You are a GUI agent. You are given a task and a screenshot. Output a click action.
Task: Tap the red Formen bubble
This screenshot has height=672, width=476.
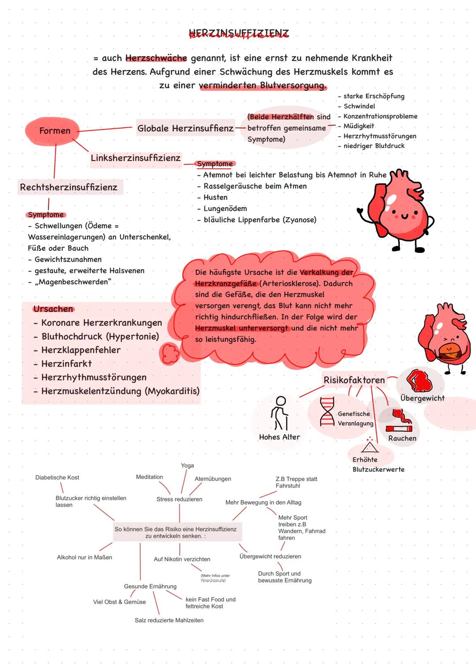54,131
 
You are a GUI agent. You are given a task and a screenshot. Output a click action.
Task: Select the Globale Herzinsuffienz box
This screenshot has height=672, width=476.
185,128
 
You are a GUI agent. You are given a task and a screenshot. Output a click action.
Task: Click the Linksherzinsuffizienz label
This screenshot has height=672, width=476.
135,158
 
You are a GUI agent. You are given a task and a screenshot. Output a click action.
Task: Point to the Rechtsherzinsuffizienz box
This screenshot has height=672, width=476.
69,187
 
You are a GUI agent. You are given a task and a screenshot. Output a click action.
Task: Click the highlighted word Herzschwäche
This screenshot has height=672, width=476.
156,58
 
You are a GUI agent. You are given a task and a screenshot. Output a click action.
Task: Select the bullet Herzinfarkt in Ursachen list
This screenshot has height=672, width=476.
66,364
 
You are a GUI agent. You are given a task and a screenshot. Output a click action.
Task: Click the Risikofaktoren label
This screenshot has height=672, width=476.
354,380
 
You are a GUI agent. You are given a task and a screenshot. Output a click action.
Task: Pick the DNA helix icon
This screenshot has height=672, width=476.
327,411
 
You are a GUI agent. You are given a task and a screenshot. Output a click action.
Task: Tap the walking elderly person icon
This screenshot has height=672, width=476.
279,413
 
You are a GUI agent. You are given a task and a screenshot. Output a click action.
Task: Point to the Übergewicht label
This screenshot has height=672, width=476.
422,398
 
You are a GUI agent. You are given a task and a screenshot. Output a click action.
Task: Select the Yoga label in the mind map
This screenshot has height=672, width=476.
187,466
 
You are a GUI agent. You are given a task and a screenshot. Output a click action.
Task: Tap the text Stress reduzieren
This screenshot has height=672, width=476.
179,499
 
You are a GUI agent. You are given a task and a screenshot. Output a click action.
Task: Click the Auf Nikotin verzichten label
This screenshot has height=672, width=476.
182,559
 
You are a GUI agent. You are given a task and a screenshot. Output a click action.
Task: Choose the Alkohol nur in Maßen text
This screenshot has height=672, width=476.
84,557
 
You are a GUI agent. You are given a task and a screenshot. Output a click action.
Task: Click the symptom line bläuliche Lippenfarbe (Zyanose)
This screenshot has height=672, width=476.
260,220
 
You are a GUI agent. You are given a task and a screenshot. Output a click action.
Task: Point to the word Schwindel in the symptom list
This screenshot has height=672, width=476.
359,106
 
